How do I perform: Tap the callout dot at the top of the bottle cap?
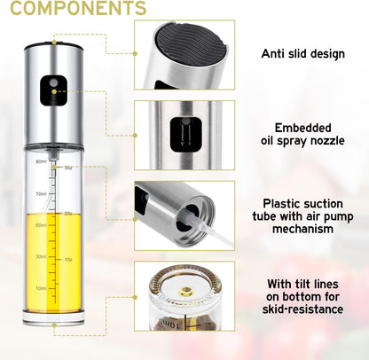54,41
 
